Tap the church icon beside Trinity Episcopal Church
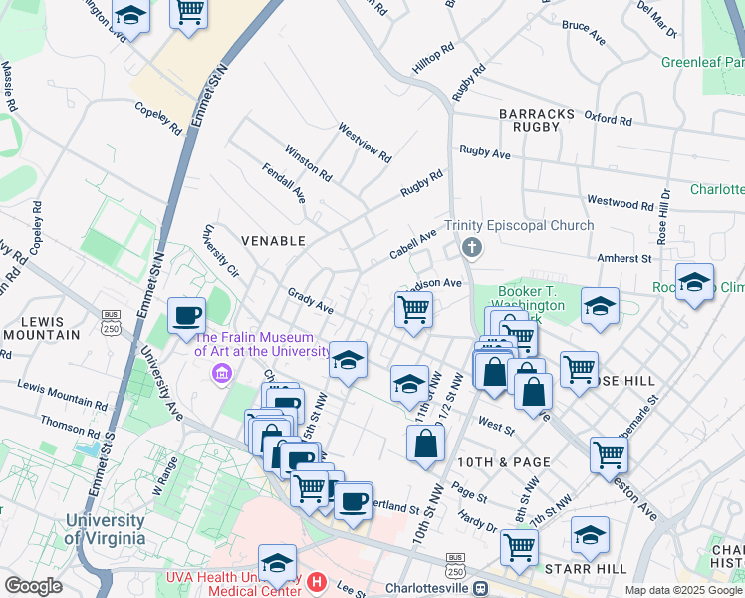tap(472, 247)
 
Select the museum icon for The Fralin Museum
tap(220, 374)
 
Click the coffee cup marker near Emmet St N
tap(186, 317)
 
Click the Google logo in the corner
tap(33, 585)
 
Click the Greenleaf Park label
tap(702, 62)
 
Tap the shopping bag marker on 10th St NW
tap(425, 444)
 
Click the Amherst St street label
tap(622, 258)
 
